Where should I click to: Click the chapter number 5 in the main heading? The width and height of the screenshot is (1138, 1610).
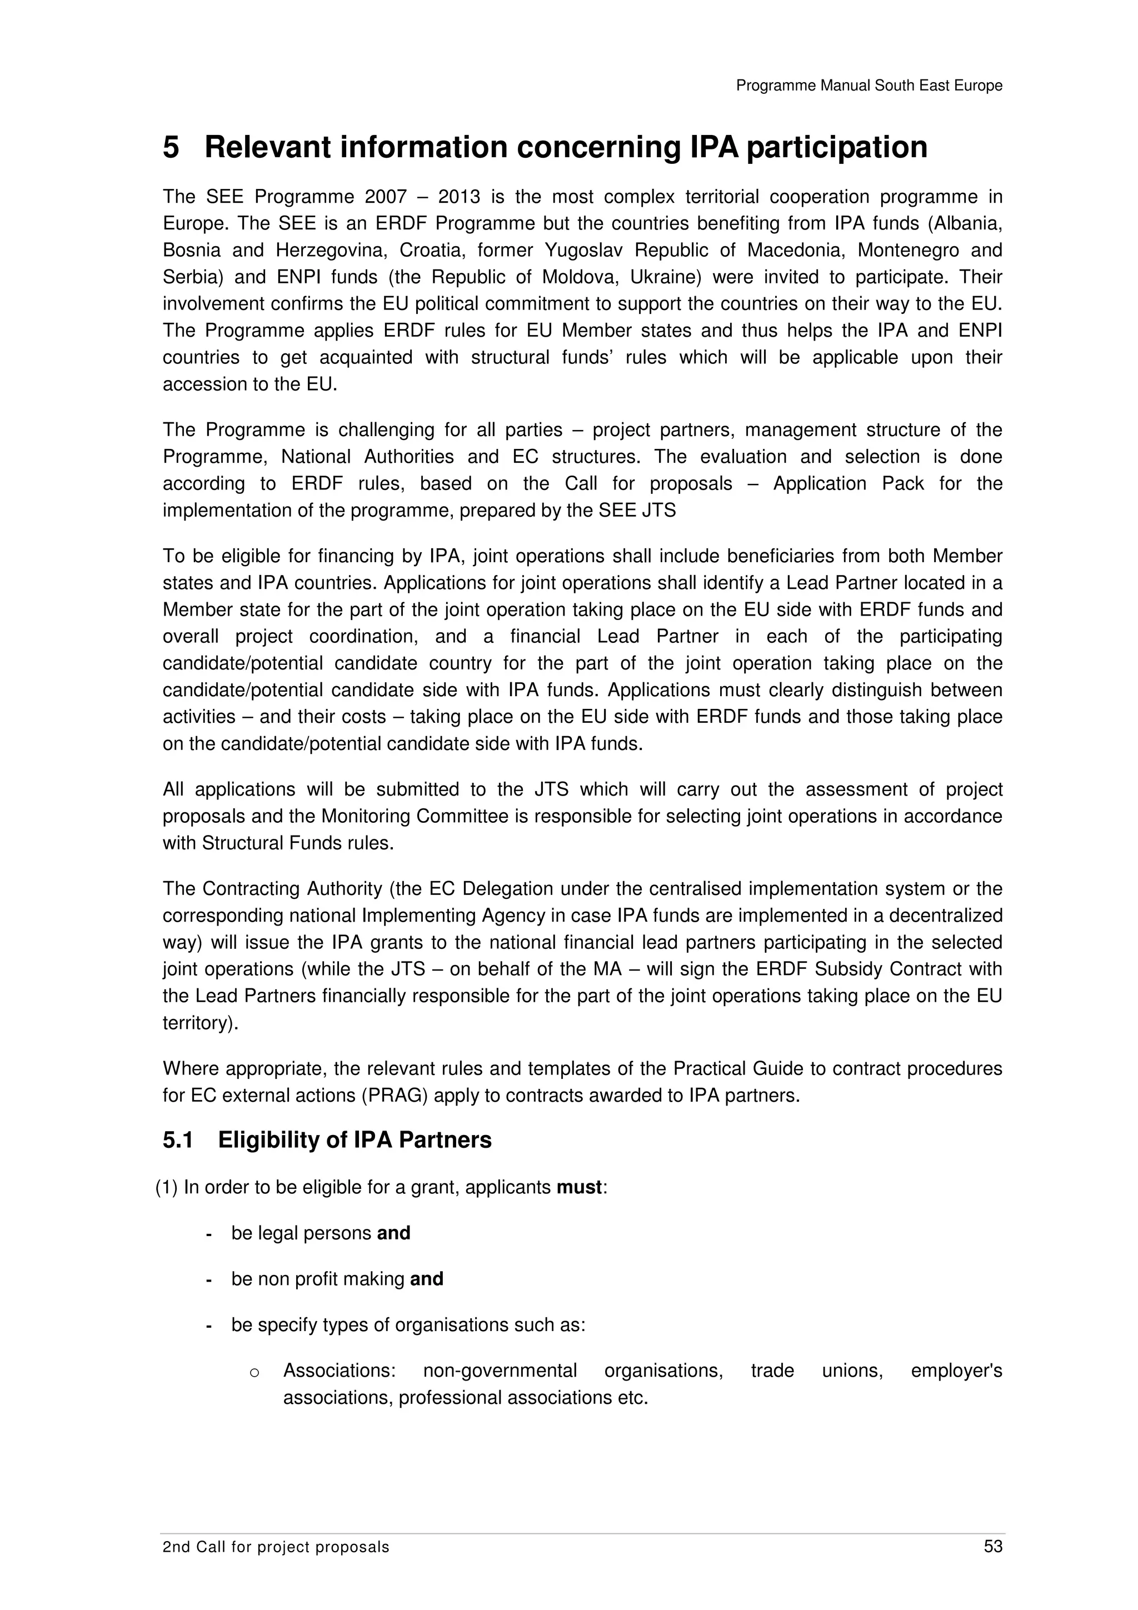[171, 148]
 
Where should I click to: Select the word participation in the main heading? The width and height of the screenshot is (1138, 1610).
[836, 148]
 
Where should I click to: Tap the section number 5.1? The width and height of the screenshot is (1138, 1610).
[178, 1140]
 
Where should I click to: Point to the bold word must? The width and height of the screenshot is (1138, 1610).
[579, 1187]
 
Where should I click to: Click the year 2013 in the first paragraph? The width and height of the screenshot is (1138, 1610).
[460, 197]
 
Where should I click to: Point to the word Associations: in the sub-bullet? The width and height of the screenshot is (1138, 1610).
[340, 1371]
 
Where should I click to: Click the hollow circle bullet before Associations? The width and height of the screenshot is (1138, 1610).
[254, 1372]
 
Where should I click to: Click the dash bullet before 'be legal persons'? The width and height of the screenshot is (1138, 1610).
[209, 1234]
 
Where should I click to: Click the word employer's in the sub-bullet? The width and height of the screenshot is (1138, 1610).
[956, 1371]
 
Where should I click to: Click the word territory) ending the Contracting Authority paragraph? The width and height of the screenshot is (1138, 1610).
[201, 1023]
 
